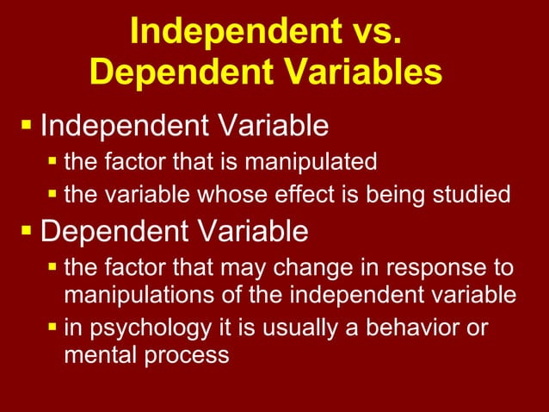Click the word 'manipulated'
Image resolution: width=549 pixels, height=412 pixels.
coord(318,161)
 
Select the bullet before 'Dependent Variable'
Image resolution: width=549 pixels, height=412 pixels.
coord(27,232)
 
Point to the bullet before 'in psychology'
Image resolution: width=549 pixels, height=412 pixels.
coord(53,328)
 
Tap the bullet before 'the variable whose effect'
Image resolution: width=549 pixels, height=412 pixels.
coord(53,195)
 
